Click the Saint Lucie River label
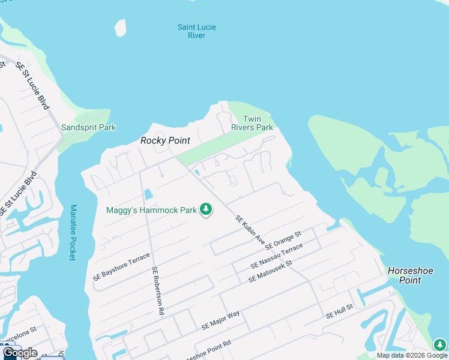(x=196, y=31)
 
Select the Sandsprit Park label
(x=88, y=127)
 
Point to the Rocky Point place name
(x=165, y=140)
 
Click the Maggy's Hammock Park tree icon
(x=206, y=210)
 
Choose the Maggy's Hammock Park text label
(x=151, y=210)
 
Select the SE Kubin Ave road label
(x=250, y=230)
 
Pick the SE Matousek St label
(x=270, y=271)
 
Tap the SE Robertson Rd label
(x=158, y=291)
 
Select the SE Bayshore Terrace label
(x=121, y=267)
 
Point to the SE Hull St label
(x=339, y=311)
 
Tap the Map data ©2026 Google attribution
(x=412, y=355)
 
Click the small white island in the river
(x=121, y=28)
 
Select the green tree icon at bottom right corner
(x=440, y=345)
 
